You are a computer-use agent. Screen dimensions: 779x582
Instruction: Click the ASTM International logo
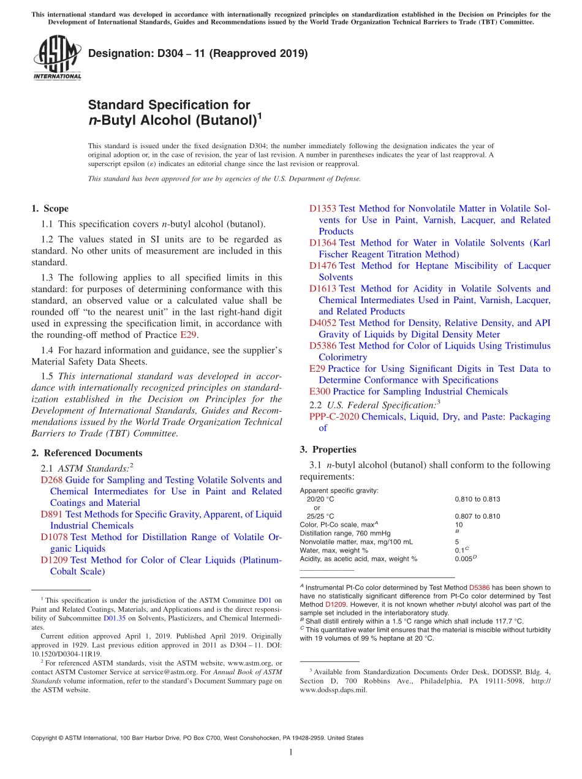[56, 59]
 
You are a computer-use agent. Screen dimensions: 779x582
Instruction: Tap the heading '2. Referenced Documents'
[87, 453]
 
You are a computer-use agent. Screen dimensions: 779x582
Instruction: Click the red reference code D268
[51, 480]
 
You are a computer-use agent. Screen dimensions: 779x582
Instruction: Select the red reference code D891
[51, 514]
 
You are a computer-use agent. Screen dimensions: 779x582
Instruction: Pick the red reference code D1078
[54, 537]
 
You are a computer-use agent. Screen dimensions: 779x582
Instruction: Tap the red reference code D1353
[323, 209]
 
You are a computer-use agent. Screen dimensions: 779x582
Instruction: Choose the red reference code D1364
[323, 243]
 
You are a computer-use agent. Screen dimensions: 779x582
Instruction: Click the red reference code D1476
[323, 266]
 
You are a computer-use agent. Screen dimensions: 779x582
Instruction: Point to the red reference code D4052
[323, 323]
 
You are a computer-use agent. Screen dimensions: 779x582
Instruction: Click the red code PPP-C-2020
[334, 416]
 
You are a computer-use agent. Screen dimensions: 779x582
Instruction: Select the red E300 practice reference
[320, 391]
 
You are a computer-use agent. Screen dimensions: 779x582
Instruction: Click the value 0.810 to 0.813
[477, 499]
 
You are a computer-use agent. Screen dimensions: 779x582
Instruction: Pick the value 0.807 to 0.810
[477, 516]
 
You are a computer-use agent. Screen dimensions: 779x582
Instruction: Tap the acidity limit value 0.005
[464, 559]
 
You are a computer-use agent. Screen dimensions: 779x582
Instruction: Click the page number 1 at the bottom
[291, 753]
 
